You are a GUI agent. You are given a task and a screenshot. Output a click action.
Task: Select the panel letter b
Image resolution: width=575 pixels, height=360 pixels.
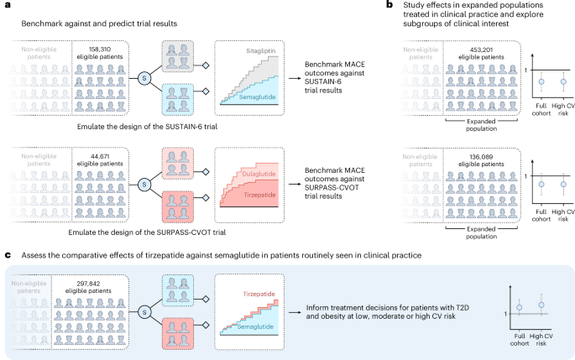389,6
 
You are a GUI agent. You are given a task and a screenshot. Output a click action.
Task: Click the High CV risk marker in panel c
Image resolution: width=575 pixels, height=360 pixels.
541,305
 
